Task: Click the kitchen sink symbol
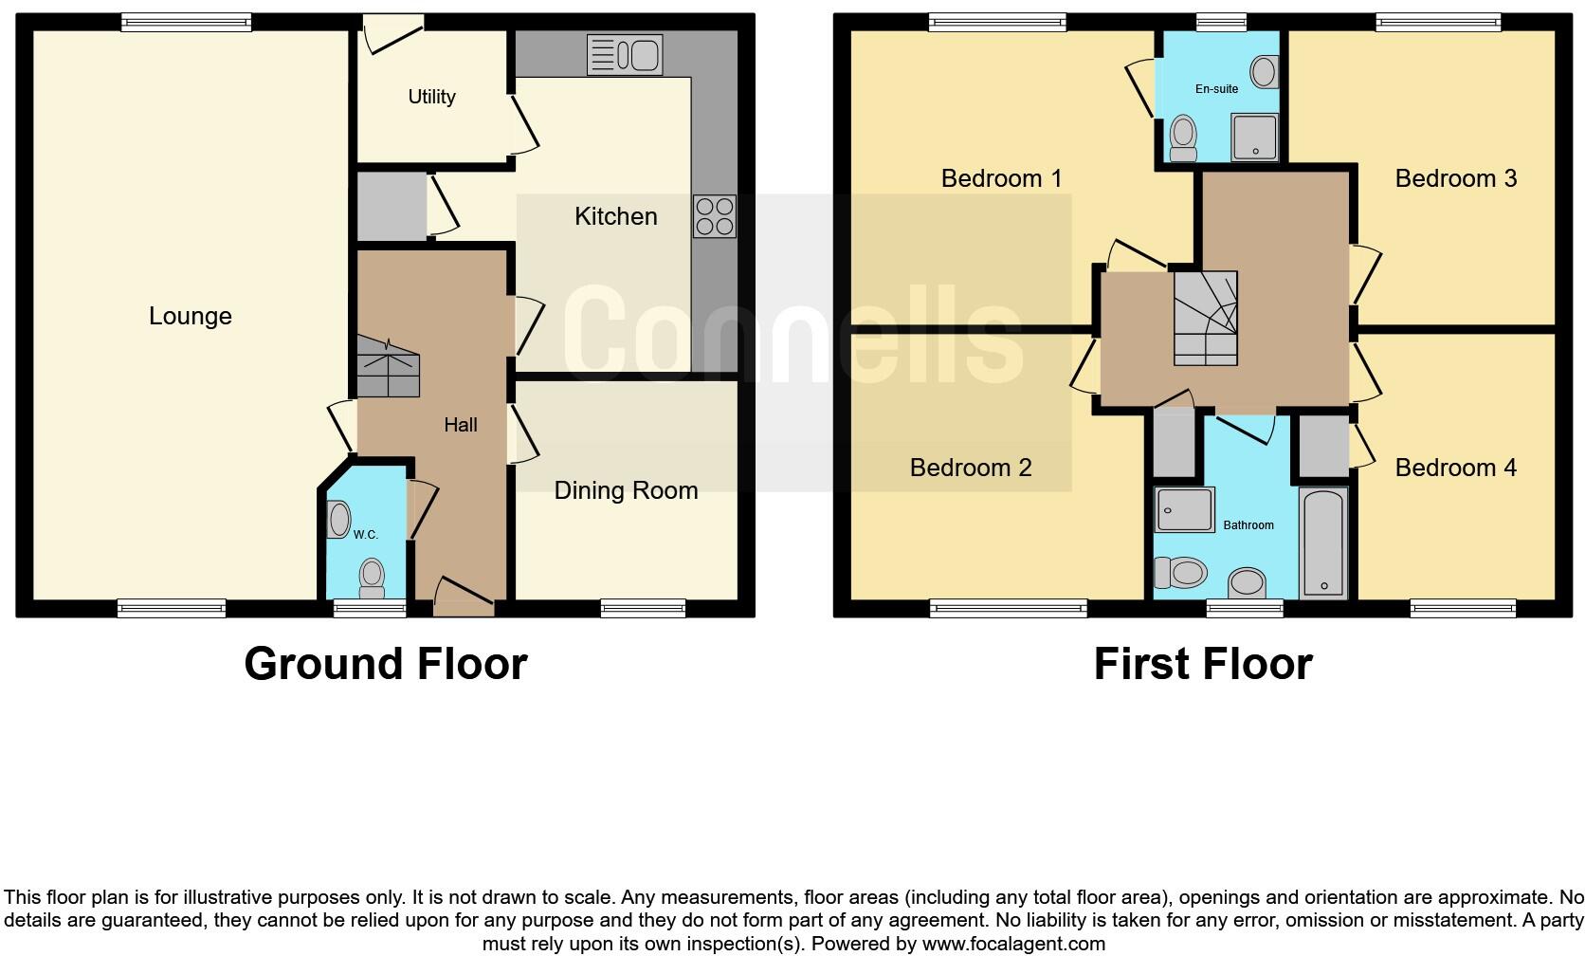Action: tap(624, 54)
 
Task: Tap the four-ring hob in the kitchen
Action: tap(714, 216)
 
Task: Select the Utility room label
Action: tap(431, 97)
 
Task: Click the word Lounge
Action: tap(190, 316)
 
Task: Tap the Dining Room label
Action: tap(626, 490)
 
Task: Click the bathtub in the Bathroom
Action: tap(1323, 542)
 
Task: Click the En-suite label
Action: tap(1216, 89)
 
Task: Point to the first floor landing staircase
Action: tap(1205, 318)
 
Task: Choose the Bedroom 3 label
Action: tap(1455, 178)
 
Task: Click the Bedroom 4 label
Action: tap(1455, 468)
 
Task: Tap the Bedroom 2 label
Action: tap(970, 468)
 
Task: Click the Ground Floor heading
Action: tap(385, 664)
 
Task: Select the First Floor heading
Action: tap(1202, 664)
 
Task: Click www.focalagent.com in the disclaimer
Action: tap(1012, 944)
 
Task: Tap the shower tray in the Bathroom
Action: tap(1185, 510)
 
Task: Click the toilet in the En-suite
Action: tap(1182, 139)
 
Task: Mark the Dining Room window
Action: tap(643, 608)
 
